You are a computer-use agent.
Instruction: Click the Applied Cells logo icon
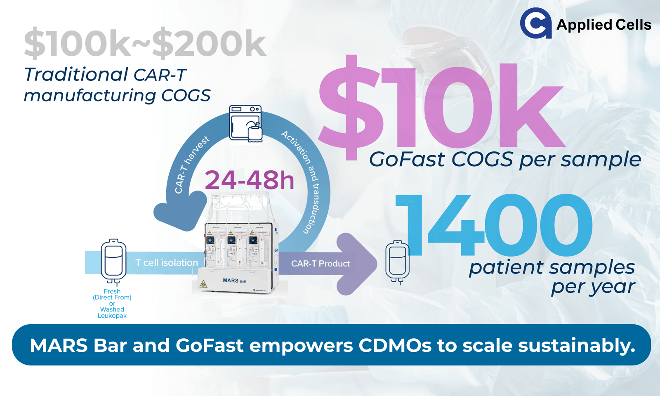536,23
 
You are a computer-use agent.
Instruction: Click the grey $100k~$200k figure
145,43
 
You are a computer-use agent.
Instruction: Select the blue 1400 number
494,225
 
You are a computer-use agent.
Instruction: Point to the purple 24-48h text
250,180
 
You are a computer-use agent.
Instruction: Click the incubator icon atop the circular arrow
246,124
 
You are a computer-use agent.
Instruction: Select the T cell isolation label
167,262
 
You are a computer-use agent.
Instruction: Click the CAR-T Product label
320,264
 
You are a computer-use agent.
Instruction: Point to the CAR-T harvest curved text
191,165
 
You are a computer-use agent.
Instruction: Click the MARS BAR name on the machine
235,280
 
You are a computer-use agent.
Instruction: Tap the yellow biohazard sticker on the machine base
203,284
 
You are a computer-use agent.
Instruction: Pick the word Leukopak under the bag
112,316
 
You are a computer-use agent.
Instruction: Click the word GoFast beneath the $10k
407,159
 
